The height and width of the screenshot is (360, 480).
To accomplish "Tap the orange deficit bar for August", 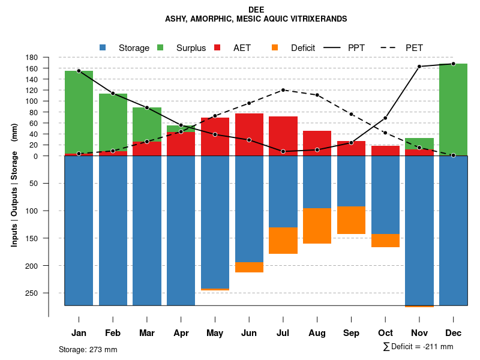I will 317,226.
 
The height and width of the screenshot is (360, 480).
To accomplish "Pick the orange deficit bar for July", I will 283,241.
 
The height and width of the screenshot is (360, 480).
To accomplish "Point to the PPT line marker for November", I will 419,67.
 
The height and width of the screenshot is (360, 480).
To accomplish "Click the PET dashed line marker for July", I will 283,90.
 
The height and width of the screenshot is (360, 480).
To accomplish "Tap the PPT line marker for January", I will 79,71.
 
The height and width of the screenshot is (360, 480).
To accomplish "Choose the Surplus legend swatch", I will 160,47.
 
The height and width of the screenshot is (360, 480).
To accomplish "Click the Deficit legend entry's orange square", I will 275,47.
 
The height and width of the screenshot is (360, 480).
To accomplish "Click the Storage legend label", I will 134,48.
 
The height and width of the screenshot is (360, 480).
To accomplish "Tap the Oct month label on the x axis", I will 385,333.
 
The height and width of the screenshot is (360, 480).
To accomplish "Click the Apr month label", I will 181,333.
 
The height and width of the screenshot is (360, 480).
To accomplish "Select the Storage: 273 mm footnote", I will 88,349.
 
